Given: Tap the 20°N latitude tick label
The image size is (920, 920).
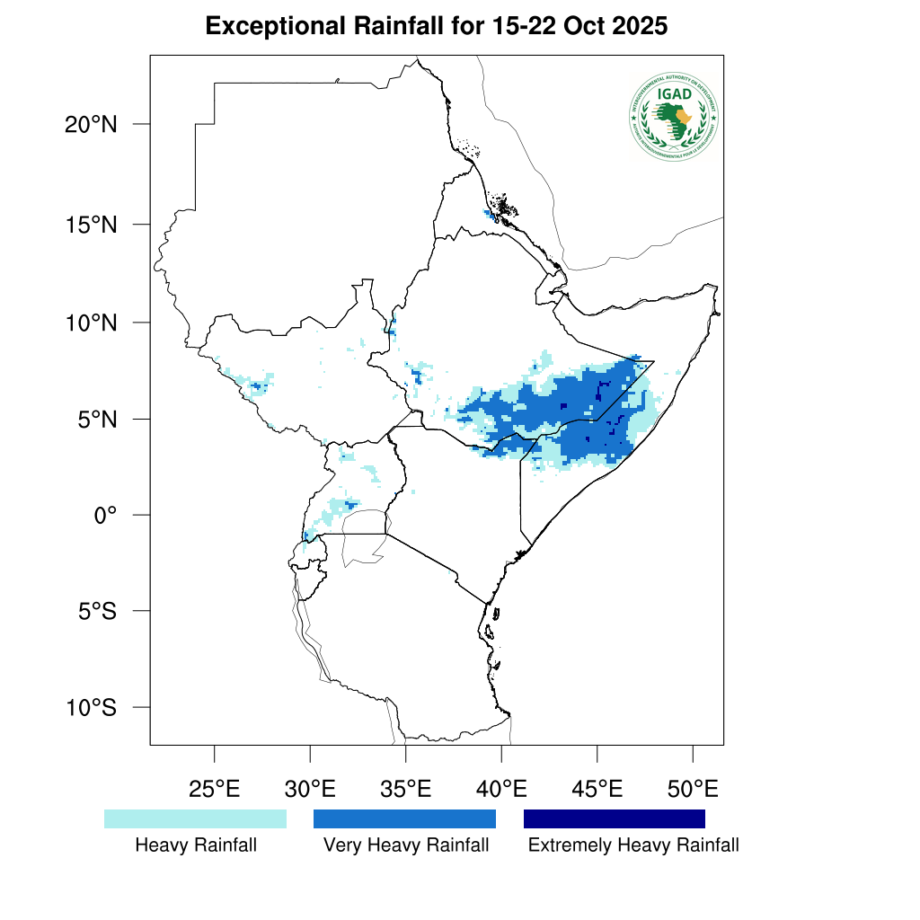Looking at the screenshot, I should [91, 124].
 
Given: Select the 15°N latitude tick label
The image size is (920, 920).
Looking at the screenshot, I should [91, 224].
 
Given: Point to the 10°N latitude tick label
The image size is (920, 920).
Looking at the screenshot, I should [91, 322].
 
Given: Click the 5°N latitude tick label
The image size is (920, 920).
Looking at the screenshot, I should [97, 419].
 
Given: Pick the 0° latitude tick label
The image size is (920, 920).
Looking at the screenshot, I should [106, 515].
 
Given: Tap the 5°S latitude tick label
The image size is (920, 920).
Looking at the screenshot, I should [97, 611].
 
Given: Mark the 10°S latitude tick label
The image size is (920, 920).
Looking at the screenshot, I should [91, 707].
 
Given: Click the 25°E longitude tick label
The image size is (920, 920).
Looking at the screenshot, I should [214, 790].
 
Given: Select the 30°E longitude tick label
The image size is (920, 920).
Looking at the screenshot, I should [310, 790].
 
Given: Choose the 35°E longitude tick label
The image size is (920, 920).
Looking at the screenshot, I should [405, 790].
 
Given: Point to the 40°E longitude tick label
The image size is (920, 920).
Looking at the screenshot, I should [501, 790].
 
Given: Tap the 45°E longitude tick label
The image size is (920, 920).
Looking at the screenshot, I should [597, 790].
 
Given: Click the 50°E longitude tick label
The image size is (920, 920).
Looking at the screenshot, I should [693, 790].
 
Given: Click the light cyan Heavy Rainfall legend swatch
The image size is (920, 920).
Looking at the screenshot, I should [195, 818].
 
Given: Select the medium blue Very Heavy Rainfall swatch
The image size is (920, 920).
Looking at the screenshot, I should [404, 818].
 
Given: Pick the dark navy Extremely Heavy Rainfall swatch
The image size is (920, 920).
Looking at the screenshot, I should [615, 818].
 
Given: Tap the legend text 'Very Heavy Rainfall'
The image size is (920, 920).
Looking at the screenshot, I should [406, 845].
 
